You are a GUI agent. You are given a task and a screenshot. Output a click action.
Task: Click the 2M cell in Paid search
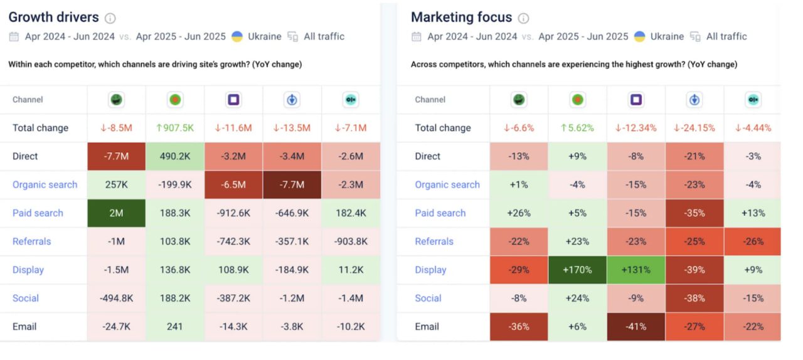[116, 213]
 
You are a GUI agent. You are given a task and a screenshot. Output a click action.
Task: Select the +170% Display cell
[577, 270]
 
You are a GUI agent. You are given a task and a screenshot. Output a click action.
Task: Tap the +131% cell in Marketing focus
[635, 270]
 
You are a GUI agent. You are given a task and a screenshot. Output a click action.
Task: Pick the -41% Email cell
[635, 327]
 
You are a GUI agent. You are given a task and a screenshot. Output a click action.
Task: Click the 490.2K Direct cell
[175, 156]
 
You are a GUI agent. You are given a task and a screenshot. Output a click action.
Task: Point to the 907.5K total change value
[175, 128]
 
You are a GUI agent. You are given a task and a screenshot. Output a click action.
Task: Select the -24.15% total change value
[694, 128]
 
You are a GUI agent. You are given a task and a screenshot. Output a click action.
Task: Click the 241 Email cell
[175, 327]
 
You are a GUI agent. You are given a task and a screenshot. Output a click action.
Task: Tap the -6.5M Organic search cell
[233, 185]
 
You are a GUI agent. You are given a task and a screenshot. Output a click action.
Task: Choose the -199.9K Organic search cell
[175, 185]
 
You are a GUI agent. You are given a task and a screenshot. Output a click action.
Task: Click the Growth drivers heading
[53, 18]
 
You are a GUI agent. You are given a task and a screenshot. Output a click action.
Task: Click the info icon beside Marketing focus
[523, 18]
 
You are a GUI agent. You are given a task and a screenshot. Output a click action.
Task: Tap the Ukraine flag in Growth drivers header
[237, 36]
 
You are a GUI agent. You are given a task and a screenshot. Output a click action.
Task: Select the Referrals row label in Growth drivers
[31, 241]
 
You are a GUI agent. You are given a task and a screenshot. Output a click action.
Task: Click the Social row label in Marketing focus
[428, 299]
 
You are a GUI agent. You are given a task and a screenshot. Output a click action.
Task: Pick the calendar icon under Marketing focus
[417, 36]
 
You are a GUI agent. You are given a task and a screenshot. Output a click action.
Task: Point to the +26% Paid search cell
[519, 213]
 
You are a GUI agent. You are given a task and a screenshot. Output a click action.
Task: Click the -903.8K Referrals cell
[351, 241]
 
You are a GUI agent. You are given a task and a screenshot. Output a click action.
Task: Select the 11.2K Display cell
[351, 270]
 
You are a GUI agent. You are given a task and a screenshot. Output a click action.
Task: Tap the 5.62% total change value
[577, 128]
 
